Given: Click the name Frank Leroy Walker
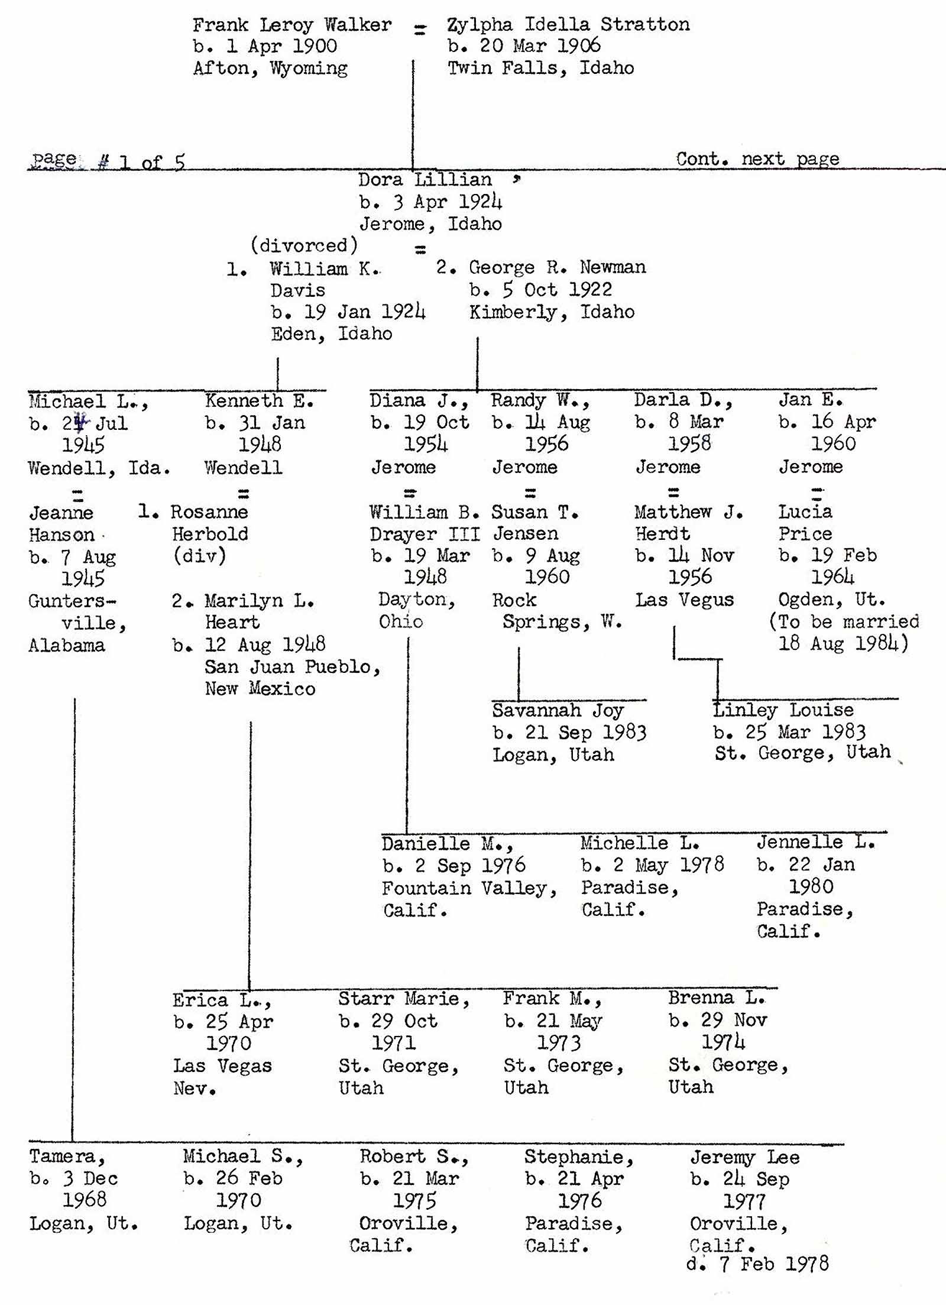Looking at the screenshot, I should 292,25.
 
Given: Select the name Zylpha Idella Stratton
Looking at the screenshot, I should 568,25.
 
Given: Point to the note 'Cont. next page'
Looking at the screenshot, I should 757,159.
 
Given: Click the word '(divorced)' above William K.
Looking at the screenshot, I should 304,245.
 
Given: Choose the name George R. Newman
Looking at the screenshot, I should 557,267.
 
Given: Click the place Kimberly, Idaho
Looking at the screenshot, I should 552,312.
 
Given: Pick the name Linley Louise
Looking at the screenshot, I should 783,710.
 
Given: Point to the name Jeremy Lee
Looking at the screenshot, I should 744,1157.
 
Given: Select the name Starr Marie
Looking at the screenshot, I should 404,999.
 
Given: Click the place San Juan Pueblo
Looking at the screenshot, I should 292,667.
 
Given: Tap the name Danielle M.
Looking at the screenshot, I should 447,844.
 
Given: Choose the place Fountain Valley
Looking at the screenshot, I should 469,888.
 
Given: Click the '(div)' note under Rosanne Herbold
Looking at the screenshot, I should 199,556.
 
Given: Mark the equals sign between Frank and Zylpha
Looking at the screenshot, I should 420,30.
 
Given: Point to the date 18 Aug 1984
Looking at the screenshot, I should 843,643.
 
